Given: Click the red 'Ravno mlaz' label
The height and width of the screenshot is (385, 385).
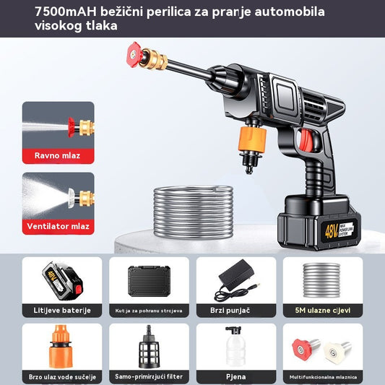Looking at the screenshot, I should pyautogui.click(x=58, y=155).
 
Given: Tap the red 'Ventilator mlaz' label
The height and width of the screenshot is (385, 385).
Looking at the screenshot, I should pyautogui.click(x=58, y=226).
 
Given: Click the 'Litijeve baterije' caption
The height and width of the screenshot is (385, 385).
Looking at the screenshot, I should pyautogui.click(x=62, y=310).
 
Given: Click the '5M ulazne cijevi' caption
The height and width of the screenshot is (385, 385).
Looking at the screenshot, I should pyautogui.click(x=323, y=310).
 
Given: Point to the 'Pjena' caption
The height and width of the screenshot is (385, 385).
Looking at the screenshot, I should pyautogui.click(x=235, y=376).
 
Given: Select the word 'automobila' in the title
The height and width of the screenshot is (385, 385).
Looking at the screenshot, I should pyautogui.click(x=285, y=12).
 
